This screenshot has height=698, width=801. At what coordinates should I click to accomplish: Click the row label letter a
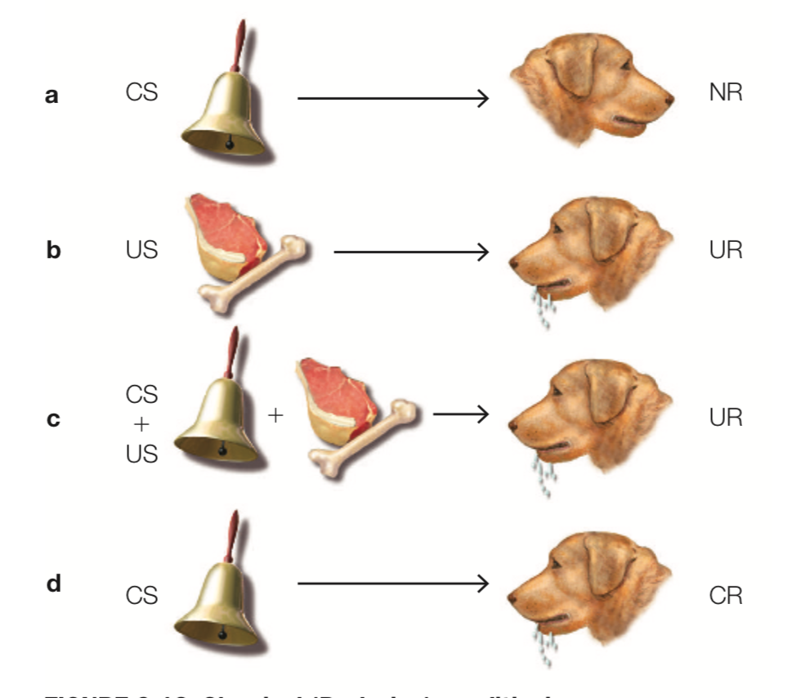coord(52,96)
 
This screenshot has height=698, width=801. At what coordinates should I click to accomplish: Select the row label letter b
coord(53,249)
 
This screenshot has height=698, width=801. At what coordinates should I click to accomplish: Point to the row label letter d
coord(53,584)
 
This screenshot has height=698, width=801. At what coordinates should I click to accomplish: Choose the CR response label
coord(726,596)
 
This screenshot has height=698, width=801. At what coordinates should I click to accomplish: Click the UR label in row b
coord(726,249)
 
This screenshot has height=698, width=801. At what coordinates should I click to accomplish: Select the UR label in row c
coord(726,418)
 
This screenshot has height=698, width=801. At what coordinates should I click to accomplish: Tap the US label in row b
coord(141,249)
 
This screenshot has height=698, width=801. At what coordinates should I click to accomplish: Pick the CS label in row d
coord(141,596)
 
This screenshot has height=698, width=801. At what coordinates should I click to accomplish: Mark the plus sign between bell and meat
coord(275,416)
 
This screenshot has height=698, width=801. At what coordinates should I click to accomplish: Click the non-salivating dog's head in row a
coord(593,90)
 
